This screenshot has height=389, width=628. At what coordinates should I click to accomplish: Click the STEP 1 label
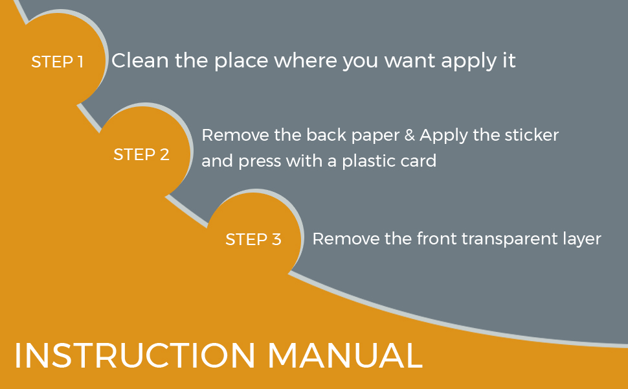(x=58, y=62)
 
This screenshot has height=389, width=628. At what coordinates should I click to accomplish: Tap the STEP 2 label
(x=141, y=155)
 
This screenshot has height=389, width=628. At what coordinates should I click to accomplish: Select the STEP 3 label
(x=253, y=239)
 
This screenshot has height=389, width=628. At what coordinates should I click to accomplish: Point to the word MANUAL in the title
(x=344, y=355)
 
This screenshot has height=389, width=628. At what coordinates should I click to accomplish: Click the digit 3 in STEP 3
(x=276, y=239)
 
